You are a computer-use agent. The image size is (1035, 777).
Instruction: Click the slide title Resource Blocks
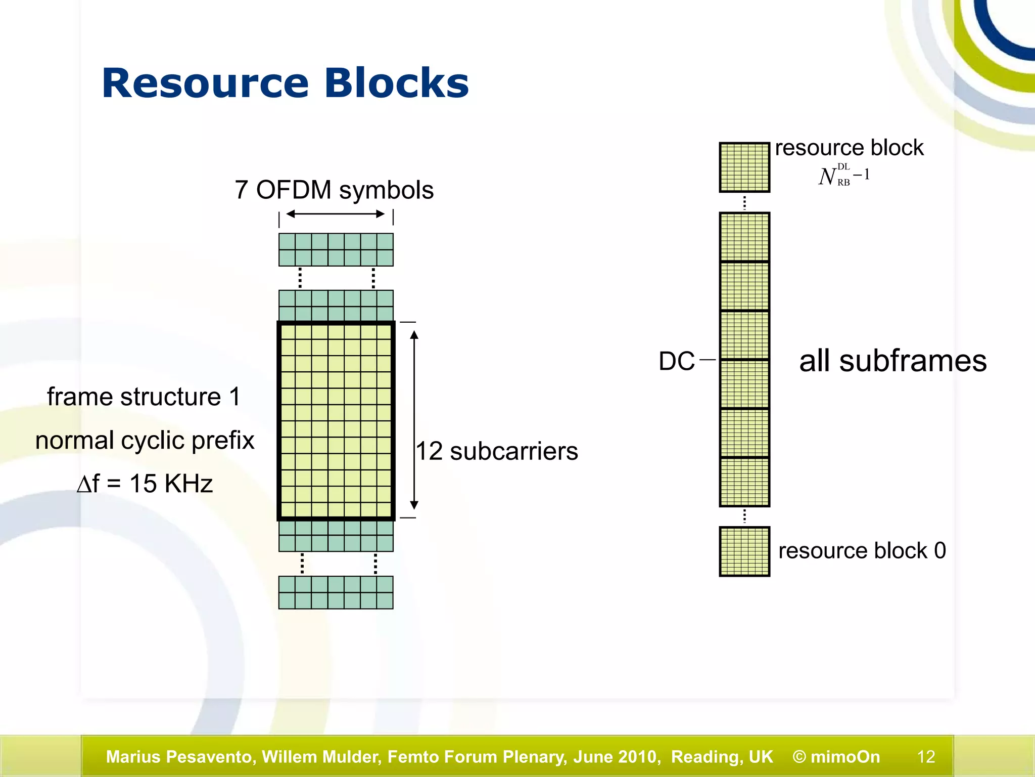pos(285,83)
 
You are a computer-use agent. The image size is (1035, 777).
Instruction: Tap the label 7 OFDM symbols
pos(334,190)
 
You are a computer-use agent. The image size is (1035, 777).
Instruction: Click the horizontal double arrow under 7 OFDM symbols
pos(336,214)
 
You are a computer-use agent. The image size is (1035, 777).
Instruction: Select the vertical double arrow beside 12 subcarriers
pos(414,420)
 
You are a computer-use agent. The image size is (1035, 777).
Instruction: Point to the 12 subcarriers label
pos(497,451)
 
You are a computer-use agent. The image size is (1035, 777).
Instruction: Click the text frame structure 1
pos(144,397)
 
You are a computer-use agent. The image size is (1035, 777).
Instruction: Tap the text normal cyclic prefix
pos(145,440)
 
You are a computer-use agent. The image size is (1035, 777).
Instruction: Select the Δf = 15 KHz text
pos(145,484)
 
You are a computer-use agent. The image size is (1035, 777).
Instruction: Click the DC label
pos(677,361)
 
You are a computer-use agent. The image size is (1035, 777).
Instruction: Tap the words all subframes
pos(892,361)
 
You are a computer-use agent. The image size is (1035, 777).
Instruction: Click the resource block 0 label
pos(862,550)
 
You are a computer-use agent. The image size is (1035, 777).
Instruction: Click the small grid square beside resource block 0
pos(744,551)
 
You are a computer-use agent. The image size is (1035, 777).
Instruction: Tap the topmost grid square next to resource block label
pos(744,167)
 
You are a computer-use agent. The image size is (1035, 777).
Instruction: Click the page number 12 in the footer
pos(926,757)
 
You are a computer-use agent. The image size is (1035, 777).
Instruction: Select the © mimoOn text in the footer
pos(836,757)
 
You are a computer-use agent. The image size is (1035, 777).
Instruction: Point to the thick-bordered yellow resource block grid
pos(336,420)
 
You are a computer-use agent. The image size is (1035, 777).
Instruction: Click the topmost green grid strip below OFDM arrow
pos(336,249)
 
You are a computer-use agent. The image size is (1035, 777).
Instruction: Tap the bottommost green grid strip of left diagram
pos(336,592)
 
